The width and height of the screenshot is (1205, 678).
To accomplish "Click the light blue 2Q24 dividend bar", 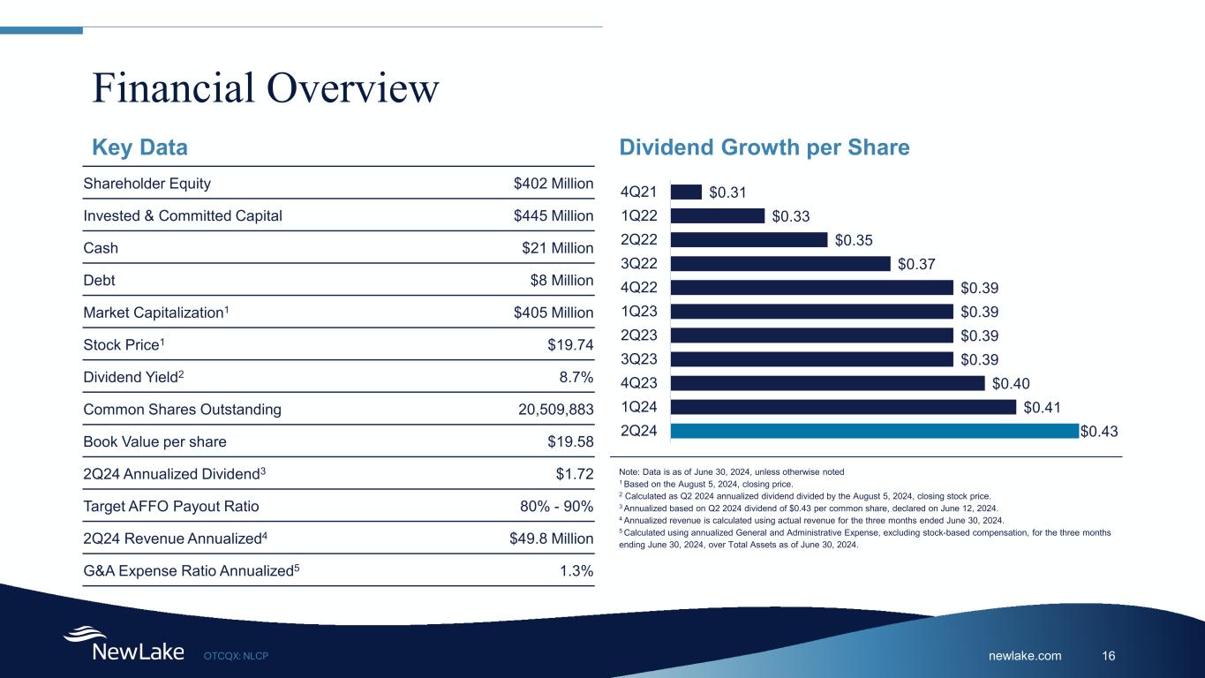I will tap(874, 431).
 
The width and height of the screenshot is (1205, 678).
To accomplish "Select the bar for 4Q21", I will tap(686, 192).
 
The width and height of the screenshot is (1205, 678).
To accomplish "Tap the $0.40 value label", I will tap(1011, 383).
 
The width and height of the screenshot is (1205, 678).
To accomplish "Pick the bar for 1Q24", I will tap(843, 407).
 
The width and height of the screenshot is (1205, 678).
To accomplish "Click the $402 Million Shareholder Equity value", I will tap(553, 184).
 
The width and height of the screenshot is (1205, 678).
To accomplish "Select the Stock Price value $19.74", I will tap(570, 345).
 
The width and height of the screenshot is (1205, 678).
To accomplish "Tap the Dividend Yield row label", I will tap(133, 377).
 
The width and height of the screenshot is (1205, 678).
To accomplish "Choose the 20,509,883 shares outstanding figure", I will tap(543, 410).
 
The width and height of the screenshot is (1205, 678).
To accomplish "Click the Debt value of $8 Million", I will tap(562, 281).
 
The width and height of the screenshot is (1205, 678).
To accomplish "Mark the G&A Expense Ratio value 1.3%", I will tap(576, 571).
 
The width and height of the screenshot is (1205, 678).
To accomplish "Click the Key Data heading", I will tap(140, 147).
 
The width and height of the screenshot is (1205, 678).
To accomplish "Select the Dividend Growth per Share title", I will tap(764, 147).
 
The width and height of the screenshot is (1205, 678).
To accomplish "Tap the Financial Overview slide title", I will tap(266, 87).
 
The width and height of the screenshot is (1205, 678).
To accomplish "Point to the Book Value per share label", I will tap(154, 441).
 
